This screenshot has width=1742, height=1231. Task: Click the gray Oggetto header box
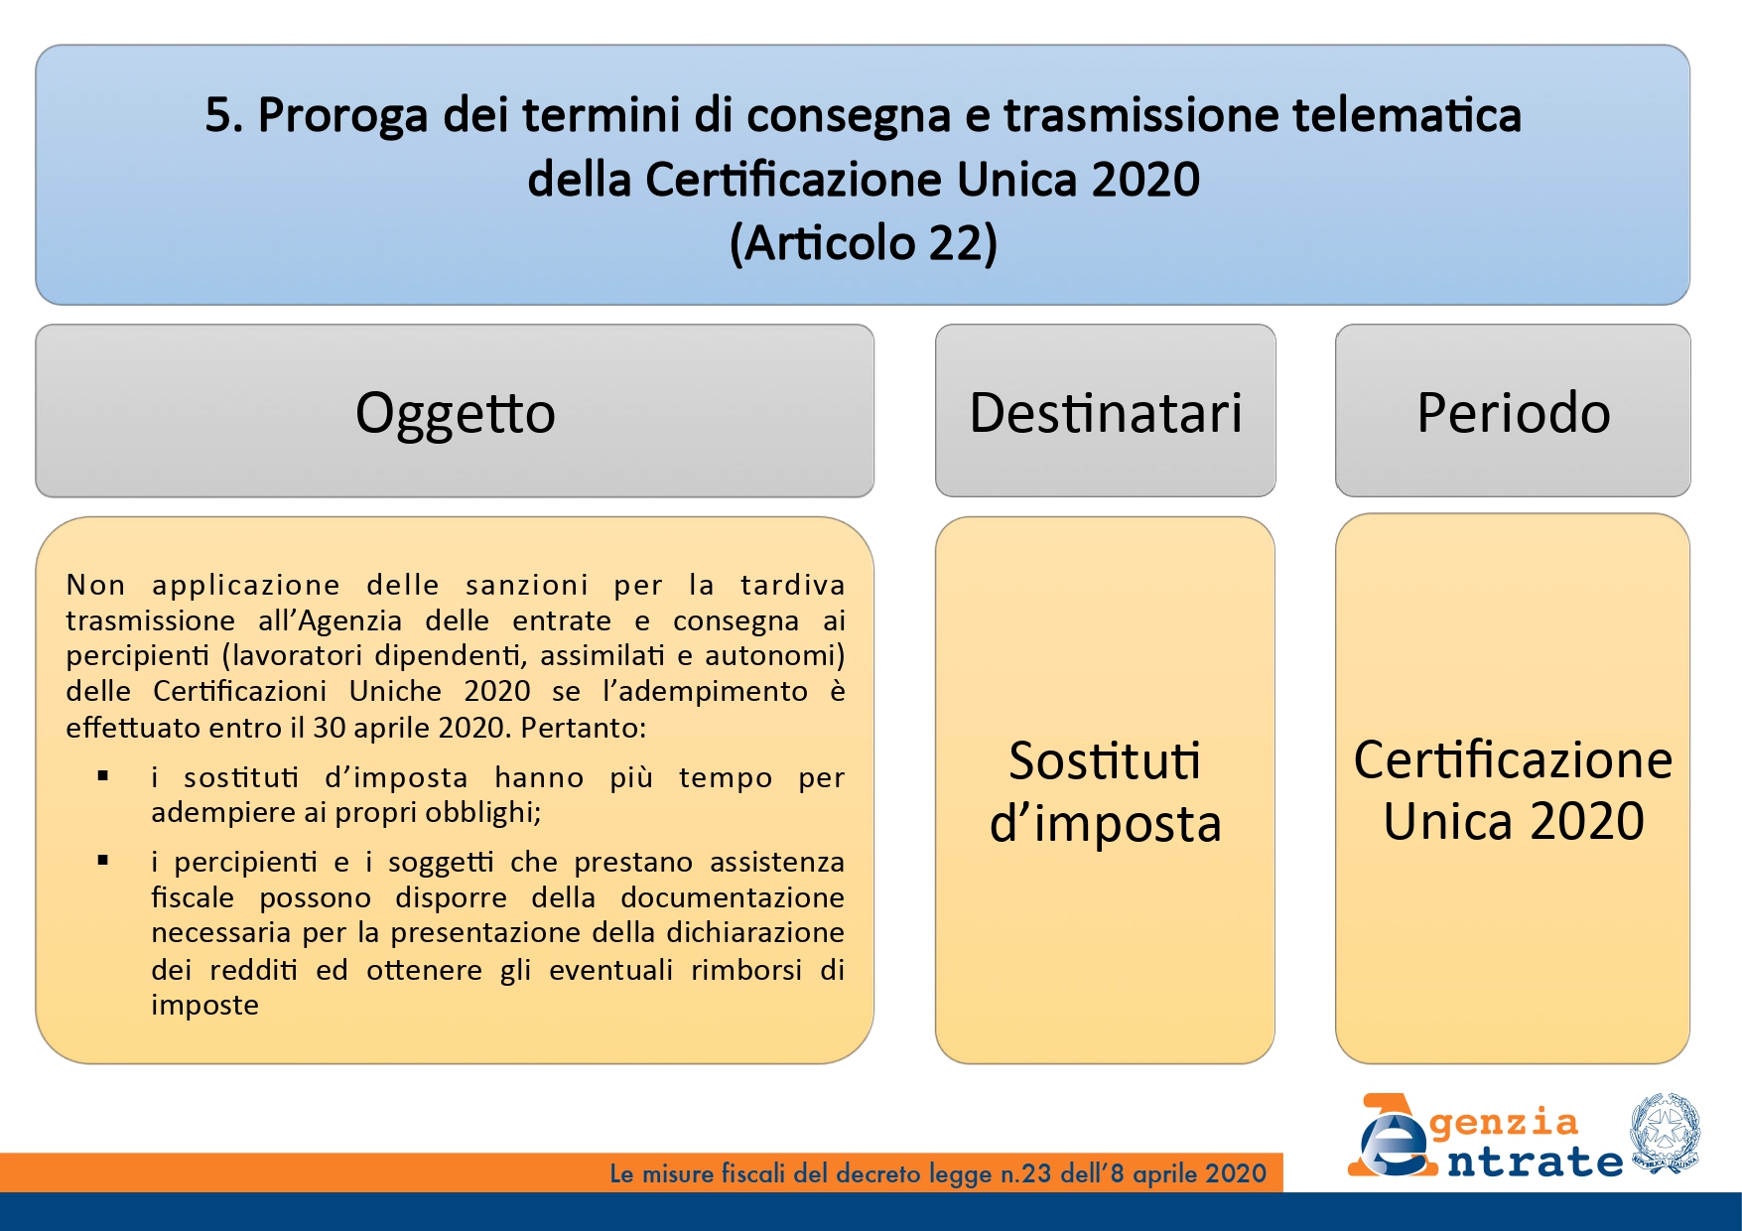[455, 411]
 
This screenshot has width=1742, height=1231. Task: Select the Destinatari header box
[1105, 411]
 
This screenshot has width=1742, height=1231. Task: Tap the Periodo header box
[1513, 411]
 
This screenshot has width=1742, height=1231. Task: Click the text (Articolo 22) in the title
[863, 243]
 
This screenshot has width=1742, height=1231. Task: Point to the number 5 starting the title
[218, 116]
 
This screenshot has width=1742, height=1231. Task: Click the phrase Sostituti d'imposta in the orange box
[1105, 792]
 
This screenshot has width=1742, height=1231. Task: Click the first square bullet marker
[103, 776]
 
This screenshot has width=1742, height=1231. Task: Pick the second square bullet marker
[103, 861]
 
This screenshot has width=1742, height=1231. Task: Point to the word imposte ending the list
[204, 1006]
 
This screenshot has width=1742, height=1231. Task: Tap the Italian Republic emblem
[1664, 1133]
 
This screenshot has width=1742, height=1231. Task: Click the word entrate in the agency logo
[1535, 1160]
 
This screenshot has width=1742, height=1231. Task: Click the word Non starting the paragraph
[95, 585]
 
